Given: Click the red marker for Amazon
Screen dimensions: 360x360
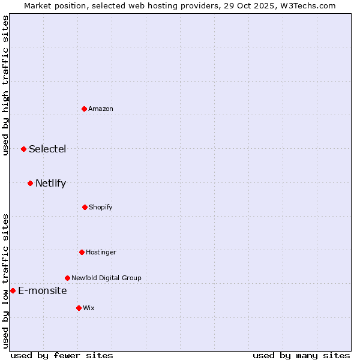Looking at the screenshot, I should click(84, 109).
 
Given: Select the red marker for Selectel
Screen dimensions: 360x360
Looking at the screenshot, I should click(23, 149).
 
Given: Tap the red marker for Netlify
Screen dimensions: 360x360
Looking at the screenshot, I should click(30, 183).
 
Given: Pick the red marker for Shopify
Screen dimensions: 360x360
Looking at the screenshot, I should click(85, 207).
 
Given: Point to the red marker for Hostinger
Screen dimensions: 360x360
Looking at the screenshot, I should click(82, 252).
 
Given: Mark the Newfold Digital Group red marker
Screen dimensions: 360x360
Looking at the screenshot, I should click(67, 278).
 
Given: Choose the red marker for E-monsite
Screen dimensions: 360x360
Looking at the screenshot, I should click(13, 290).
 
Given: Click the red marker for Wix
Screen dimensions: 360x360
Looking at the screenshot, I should click(79, 308).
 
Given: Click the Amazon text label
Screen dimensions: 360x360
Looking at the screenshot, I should click(101, 109).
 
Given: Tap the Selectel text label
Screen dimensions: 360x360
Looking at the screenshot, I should click(47, 149).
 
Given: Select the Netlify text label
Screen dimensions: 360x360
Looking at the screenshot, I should click(50, 183).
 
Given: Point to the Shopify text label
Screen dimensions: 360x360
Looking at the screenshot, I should click(101, 207).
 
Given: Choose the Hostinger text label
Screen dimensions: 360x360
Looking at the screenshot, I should click(101, 252).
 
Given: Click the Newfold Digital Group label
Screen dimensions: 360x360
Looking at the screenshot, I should click(106, 278).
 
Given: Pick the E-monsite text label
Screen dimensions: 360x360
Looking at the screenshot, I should click(43, 290).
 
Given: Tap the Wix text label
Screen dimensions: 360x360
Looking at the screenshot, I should click(89, 308).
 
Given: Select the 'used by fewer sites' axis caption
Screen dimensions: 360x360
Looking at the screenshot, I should click(62, 355).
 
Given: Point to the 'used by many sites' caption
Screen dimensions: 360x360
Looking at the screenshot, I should click(301, 355).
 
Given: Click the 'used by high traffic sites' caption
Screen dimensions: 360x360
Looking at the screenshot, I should click(5, 85).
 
